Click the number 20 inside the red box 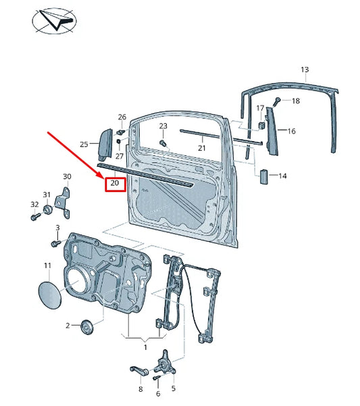tap(115, 183)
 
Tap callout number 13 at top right tap(305, 70)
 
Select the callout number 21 tap(201, 148)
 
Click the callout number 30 tap(67, 177)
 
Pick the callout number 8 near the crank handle tap(140, 390)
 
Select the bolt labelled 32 tap(33, 218)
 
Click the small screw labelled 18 tap(277, 101)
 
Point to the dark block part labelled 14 tap(264, 176)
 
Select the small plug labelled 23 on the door tap(163, 143)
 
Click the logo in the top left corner tap(54, 18)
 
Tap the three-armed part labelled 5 tap(164, 365)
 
